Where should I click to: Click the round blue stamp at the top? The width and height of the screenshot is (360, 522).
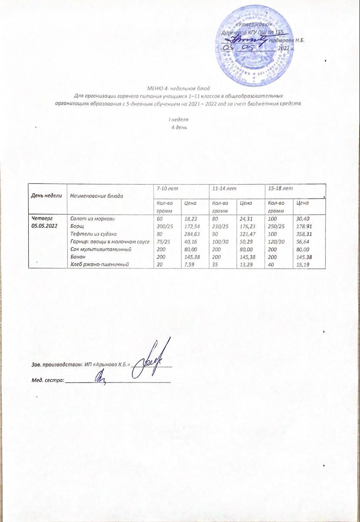click(x=256, y=48)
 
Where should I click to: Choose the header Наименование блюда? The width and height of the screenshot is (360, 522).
click(x=96, y=196)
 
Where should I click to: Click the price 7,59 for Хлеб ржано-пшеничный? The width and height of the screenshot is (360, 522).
click(x=189, y=264)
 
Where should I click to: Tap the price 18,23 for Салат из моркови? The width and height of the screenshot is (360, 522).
click(x=191, y=218)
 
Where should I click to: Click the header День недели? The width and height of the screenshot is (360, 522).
click(x=46, y=196)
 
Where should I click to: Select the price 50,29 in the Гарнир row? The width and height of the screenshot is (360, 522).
click(x=247, y=241)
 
